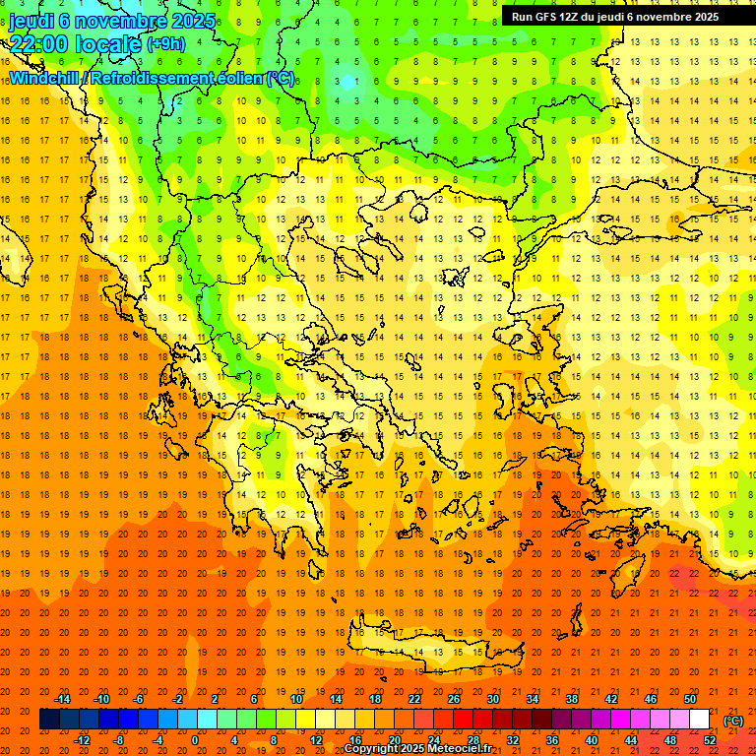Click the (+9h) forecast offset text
pos(164,43)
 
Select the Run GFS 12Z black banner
pos(614,17)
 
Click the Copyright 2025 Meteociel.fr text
pos(417,749)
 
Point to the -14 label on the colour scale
pos(65,699)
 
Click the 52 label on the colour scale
pos(710,740)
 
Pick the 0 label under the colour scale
pos(195,740)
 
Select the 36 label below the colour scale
pos(551,740)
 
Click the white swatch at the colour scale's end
pos(699,720)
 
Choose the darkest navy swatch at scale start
pos(49,720)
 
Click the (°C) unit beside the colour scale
pos(733,721)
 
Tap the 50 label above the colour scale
pos(689,699)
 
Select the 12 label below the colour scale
pos(315,740)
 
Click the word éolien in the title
pos(242,78)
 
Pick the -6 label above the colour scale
pos(139,699)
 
